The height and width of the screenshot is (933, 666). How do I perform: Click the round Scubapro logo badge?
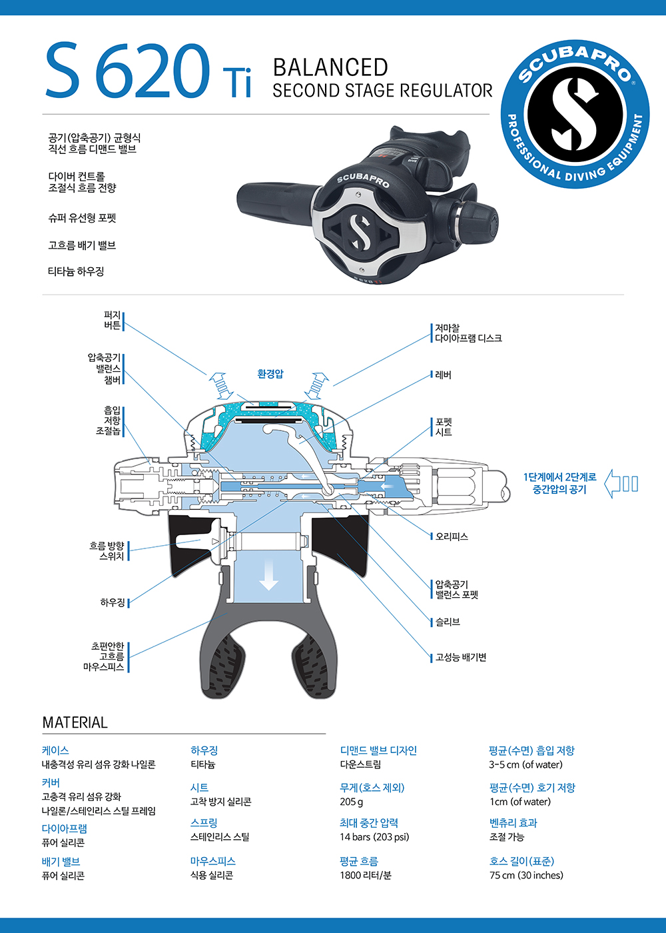[x=575, y=114]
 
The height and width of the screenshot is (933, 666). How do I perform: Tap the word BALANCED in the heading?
[x=330, y=67]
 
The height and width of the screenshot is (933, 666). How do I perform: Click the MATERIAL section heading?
[x=75, y=722]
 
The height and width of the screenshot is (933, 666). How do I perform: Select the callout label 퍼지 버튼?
[x=112, y=320]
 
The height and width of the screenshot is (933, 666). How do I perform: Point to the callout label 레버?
[x=443, y=375]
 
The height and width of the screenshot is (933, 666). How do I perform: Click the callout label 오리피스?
[x=451, y=536]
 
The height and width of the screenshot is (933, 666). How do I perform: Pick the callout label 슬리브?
[x=447, y=622]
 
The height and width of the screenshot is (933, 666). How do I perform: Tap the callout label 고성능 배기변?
[x=460, y=658]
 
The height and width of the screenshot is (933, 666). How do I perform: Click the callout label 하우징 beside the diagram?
[x=113, y=602]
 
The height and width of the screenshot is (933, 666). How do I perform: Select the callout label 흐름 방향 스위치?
[x=107, y=550]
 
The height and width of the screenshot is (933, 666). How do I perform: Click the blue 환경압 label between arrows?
[x=270, y=374]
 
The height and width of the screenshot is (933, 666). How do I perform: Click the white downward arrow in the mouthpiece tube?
[x=268, y=574]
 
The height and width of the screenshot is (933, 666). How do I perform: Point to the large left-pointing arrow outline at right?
[x=621, y=484]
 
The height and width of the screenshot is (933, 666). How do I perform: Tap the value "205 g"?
[x=352, y=802]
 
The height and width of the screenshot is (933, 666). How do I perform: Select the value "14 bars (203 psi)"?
[x=374, y=837]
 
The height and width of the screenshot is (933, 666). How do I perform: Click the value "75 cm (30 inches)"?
[x=526, y=875]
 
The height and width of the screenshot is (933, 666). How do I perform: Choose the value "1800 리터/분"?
[x=366, y=875]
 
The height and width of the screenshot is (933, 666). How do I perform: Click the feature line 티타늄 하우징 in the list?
[x=76, y=271]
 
